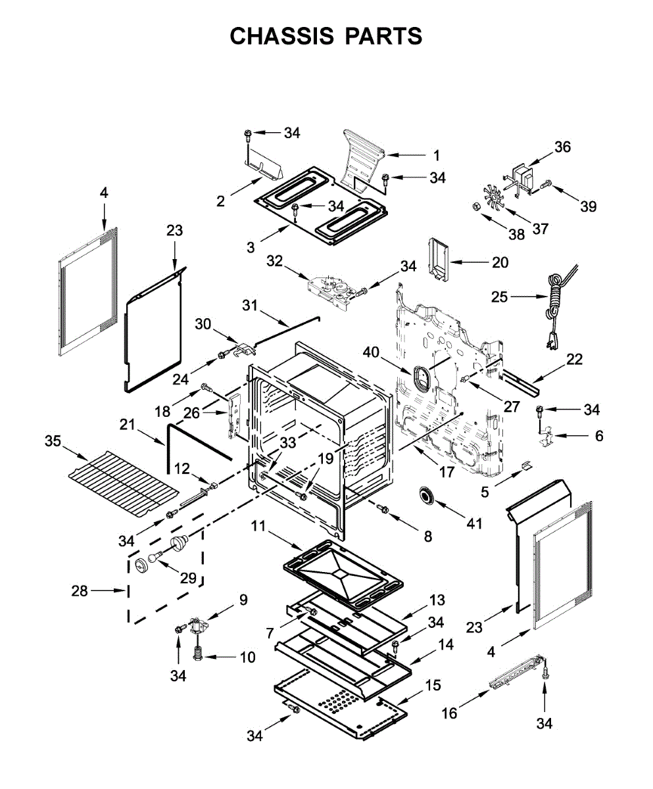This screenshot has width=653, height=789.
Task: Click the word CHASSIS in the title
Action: (x=279, y=36)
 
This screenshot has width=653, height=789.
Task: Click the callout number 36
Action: (x=562, y=147)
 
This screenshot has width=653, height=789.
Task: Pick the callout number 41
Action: (x=473, y=523)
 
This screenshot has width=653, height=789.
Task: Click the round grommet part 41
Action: (x=429, y=496)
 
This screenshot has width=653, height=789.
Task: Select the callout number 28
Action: (x=80, y=591)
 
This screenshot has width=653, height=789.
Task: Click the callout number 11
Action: (x=259, y=525)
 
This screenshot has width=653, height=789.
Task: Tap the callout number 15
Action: (x=433, y=685)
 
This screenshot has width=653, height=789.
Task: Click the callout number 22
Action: (x=574, y=359)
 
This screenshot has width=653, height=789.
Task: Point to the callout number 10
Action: (x=247, y=657)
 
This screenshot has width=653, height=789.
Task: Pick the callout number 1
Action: (x=436, y=156)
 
